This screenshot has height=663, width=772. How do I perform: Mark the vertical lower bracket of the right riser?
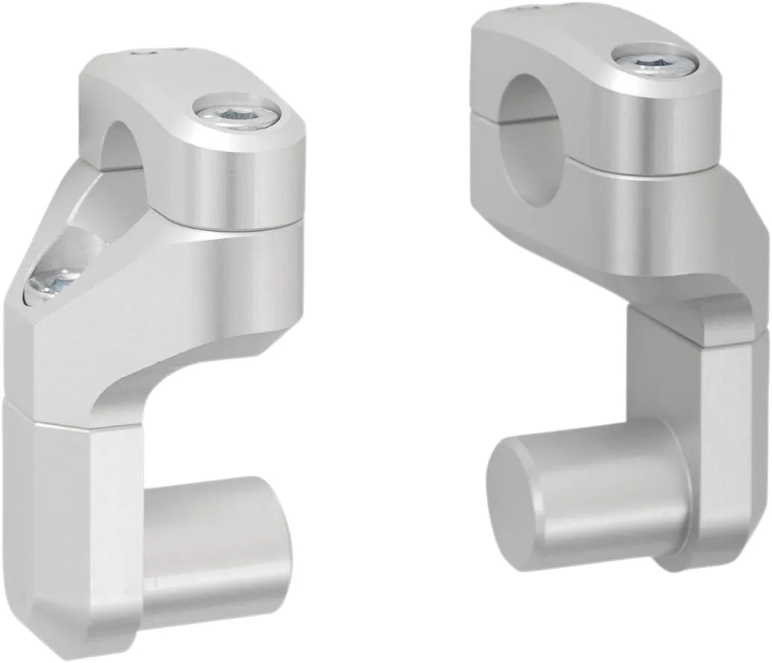point(717,448)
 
